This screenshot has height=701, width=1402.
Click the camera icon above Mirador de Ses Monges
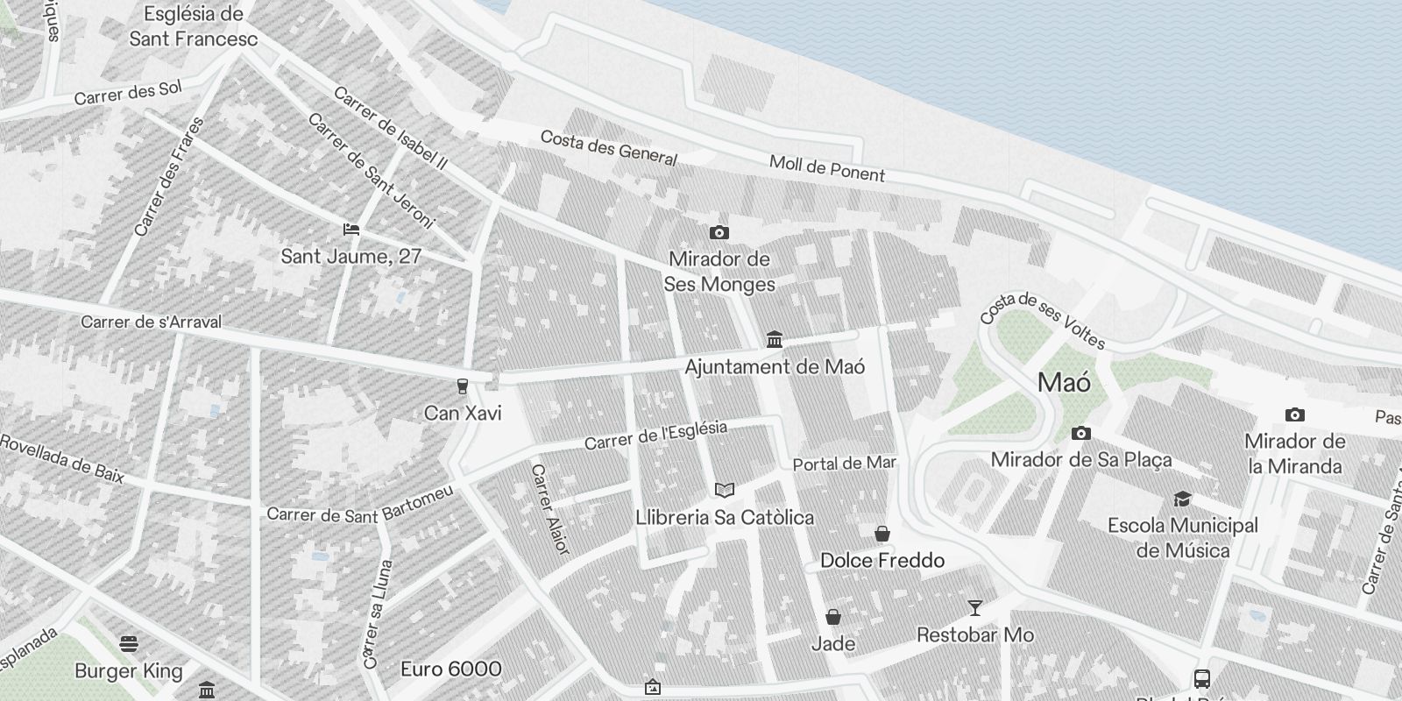719,232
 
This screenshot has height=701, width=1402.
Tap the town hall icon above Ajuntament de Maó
774,339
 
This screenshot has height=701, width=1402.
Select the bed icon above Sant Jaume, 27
351,230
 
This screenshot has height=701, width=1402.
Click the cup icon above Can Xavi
462,386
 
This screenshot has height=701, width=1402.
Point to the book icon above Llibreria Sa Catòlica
724,490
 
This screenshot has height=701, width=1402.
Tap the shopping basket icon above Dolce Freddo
882,534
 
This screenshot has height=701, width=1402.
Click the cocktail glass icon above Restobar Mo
974,607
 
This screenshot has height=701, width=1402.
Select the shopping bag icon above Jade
833,617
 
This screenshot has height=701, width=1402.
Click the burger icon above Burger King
129,645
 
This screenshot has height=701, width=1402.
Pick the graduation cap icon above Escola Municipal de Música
1182,499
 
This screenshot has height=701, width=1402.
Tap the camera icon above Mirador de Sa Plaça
1081,433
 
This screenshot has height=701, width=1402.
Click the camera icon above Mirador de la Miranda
1294,414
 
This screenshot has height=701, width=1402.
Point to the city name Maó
1064,383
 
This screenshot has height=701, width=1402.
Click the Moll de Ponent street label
827,168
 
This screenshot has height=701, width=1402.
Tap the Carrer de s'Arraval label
151,322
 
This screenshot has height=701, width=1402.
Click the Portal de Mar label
844,464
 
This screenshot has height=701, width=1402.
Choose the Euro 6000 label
450,669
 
